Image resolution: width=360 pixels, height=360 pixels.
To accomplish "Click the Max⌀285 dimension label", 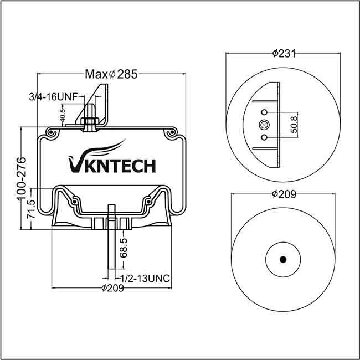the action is (x=111, y=74).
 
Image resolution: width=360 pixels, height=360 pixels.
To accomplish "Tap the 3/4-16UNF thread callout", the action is (x=53, y=97).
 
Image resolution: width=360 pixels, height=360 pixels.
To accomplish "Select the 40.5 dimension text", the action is (x=63, y=115).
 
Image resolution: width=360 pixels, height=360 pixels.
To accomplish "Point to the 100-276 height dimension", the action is (x=21, y=178).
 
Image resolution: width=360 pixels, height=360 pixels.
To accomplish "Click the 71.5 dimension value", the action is (x=31, y=209).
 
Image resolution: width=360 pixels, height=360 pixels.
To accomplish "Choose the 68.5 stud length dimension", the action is (x=124, y=248).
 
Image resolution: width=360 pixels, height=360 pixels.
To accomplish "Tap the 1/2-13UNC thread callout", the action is (x=145, y=279).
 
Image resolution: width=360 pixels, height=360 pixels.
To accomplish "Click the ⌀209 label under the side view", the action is (x=113, y=288).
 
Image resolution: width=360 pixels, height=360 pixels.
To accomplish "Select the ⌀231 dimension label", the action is (x=284, y=54).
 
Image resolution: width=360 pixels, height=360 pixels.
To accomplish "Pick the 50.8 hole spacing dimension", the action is (x=294, y=125).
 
